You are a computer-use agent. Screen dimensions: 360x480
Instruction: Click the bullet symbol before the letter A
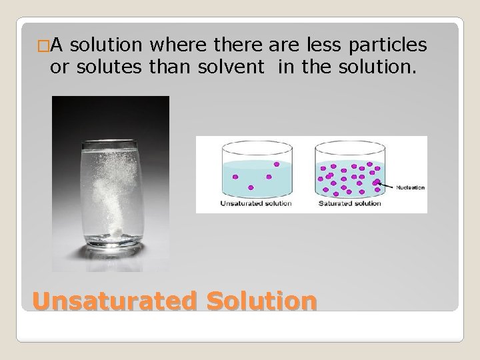tap(43, 45)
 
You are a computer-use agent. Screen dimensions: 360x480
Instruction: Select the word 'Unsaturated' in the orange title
tap(114, 301)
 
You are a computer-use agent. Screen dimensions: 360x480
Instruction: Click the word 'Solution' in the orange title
tap(261, 301)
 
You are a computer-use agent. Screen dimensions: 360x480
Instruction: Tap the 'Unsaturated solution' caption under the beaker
tap(256, 203)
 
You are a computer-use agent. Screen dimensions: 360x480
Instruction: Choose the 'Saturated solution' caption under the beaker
tap(349, 203)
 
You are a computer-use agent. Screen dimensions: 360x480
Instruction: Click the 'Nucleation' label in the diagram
tap(410, 188)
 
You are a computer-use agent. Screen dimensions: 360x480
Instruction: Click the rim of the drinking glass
tap(111, 144)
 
